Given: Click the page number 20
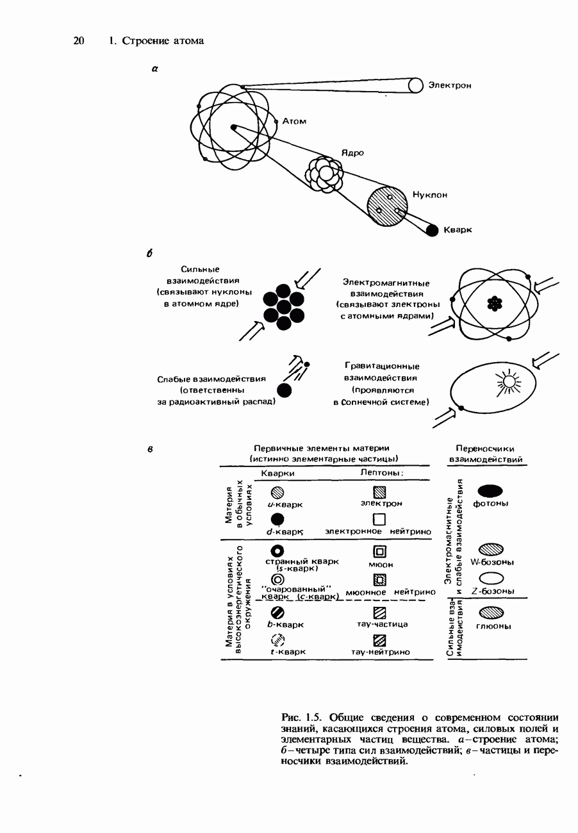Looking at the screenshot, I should (79, 41).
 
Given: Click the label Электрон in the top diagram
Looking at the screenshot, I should (450, 85).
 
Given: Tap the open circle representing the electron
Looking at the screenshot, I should (416, 85).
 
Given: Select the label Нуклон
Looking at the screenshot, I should (430, 195).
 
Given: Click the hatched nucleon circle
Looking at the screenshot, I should (387, 206).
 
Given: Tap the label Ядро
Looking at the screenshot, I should (352, 153).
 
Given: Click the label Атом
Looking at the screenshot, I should (294, 121).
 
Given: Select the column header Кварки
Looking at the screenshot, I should (278, 473).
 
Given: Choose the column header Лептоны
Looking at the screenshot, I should (381, 473).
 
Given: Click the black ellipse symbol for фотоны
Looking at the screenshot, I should (490, 491).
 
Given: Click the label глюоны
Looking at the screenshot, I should (493, 626).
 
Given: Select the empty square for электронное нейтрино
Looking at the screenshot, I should (380, 518).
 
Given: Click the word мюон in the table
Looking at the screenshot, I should (381, 565).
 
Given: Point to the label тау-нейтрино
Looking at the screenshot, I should (380, 652).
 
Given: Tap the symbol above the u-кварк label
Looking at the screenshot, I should (277, 492).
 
